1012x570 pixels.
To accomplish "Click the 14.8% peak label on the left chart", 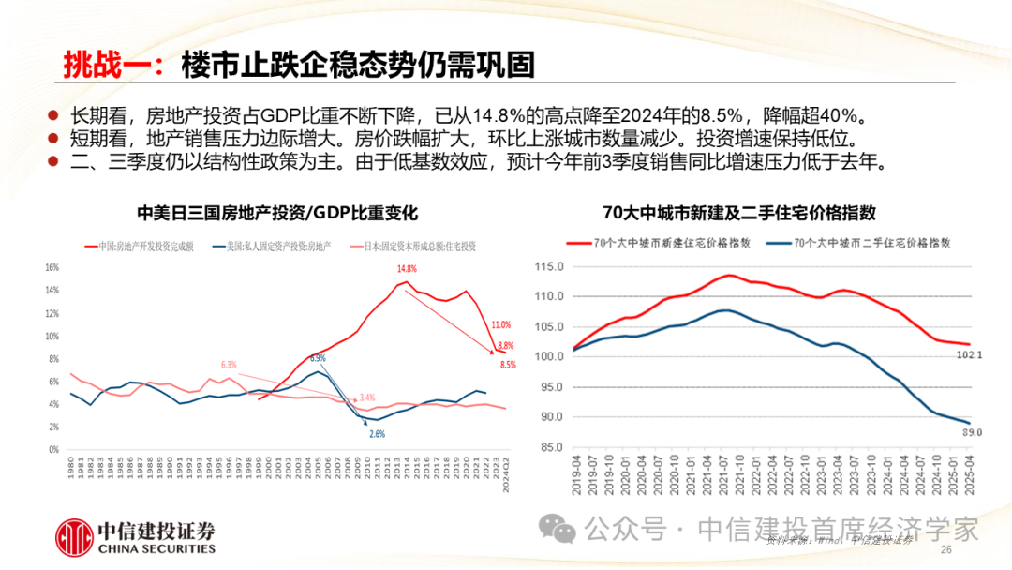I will [405, 269].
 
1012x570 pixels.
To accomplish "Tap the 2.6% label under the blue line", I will [377, 433].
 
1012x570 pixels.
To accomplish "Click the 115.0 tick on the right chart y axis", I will [550, 266].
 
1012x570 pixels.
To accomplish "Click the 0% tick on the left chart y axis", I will [53, 449].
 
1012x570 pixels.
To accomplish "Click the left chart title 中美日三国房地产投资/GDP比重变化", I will [276, 214].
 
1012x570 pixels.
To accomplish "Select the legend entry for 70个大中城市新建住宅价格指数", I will [661, 242].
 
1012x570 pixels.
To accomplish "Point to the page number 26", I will [945, 549].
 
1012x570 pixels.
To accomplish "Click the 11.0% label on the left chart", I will [500, 324].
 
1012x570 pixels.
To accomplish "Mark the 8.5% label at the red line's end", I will [507, 364].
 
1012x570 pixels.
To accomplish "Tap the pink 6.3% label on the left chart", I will [229, 364].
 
